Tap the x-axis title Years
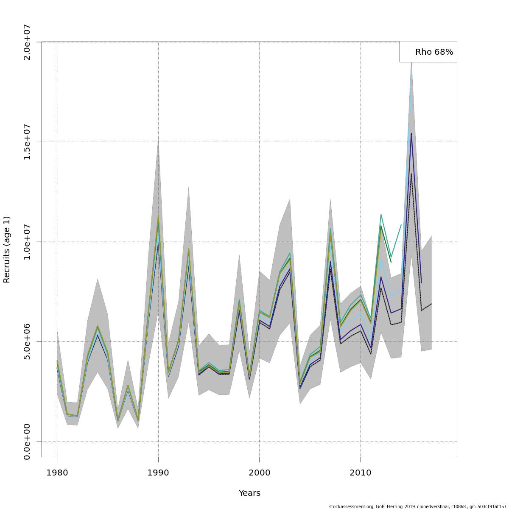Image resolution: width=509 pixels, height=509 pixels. pos(249,493)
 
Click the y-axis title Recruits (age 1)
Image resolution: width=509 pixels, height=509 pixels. pos(7,249)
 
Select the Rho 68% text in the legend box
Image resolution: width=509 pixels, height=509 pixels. pos(434,52)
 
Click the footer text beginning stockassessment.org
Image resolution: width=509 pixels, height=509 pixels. pos(417,506)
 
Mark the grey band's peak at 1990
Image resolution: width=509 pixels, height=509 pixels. pos(158,138)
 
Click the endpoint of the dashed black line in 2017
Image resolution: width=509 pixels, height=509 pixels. pos(431,304)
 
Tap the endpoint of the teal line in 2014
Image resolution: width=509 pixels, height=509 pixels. pos(401,225)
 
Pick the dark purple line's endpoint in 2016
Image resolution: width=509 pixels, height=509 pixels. pos(421,282)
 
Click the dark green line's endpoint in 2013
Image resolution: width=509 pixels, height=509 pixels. pos(391,262)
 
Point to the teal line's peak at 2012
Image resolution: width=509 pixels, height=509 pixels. pos(381,214)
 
